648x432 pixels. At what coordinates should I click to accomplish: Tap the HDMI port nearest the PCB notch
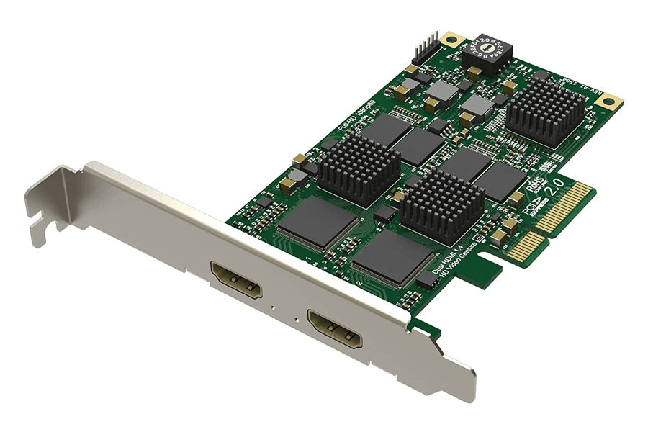[335, 327]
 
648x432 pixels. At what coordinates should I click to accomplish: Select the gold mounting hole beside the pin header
[451, 39]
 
